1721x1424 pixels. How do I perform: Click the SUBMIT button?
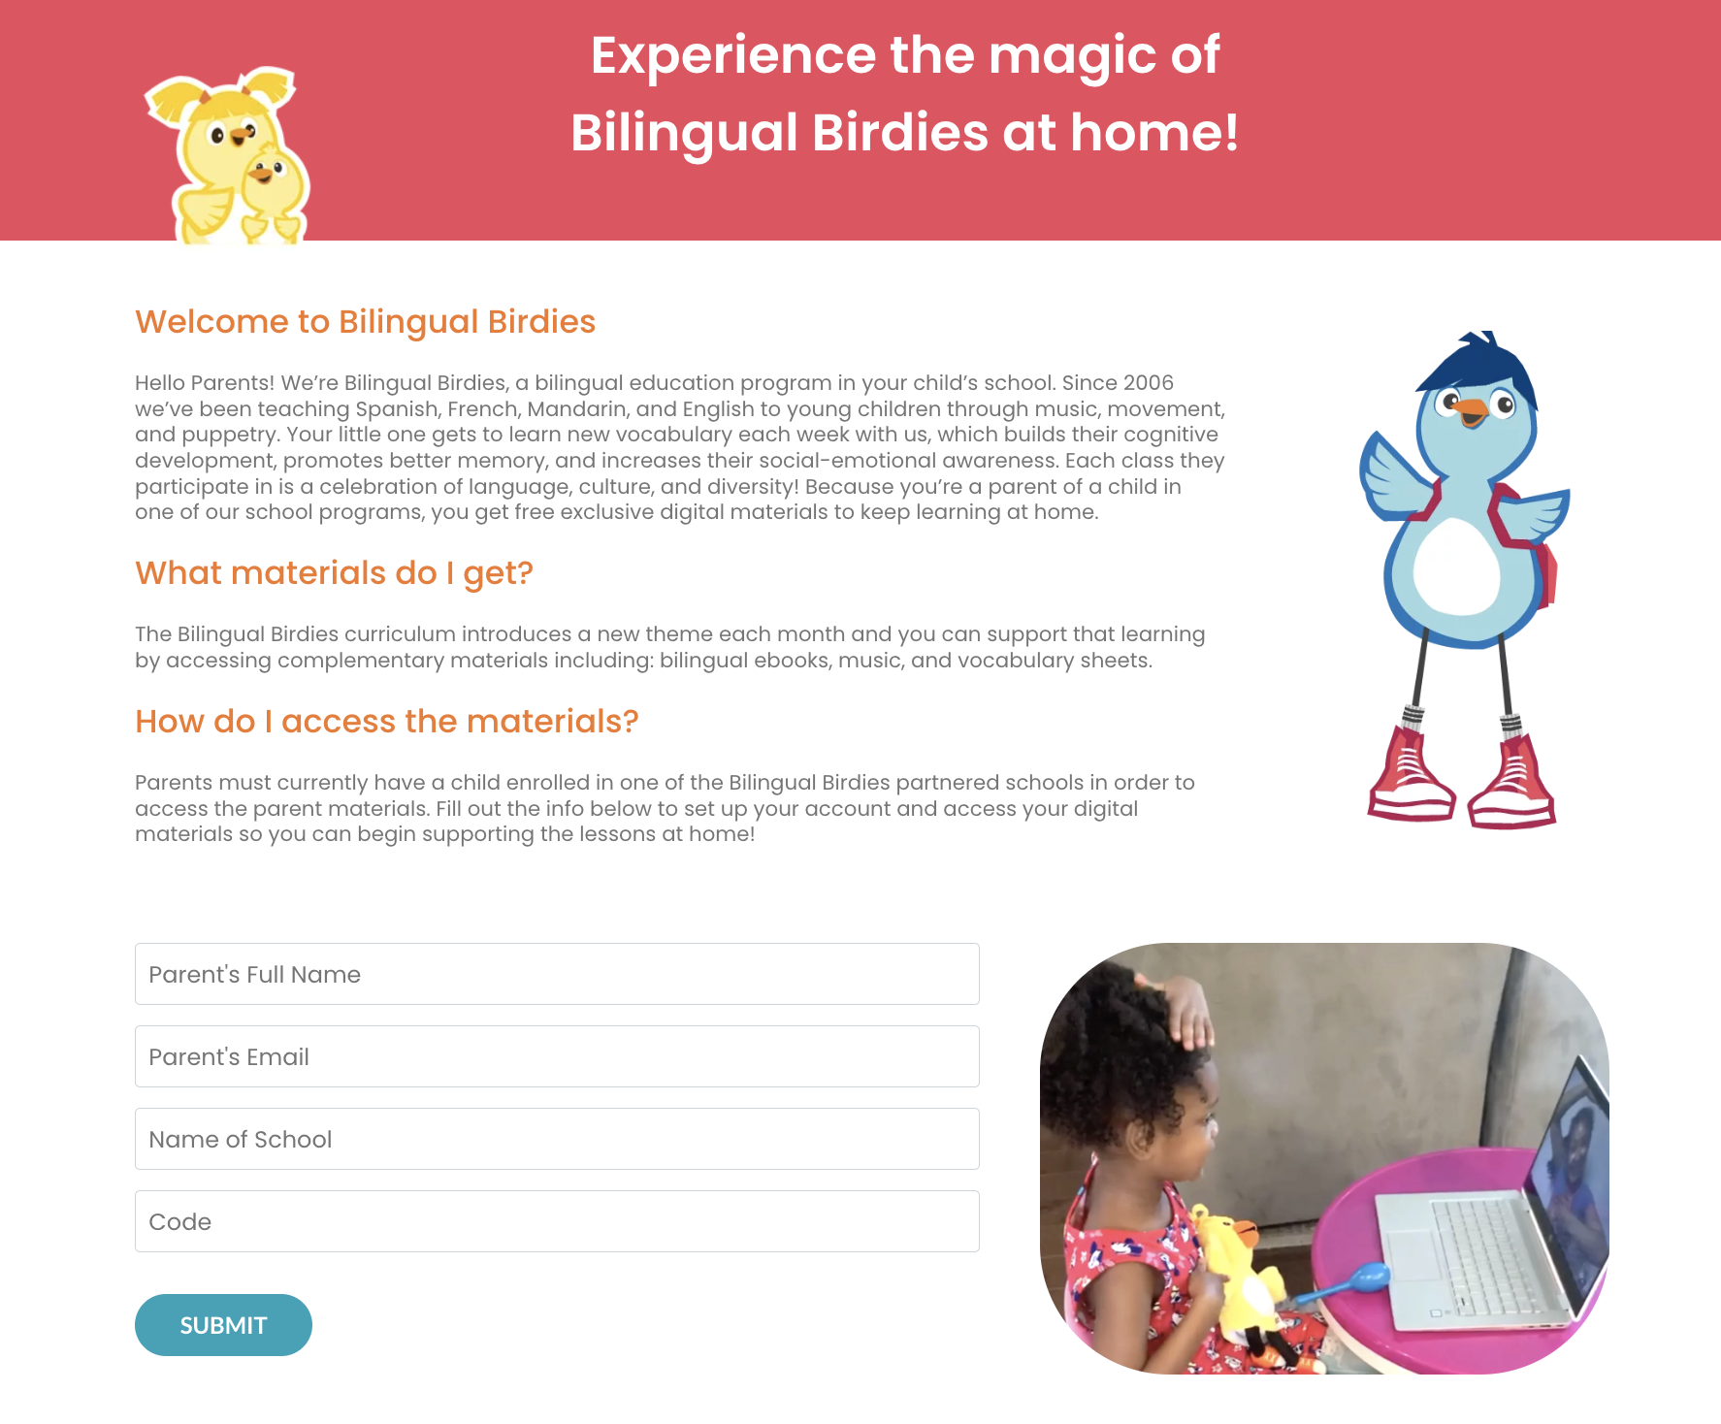tap(223, 1324)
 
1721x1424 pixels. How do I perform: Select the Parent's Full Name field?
tap(557, 974)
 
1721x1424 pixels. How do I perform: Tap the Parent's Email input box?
tap(557, 1056)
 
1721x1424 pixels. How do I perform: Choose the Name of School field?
tap(557, 1139)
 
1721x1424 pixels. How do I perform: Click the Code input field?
tap(557, 1221)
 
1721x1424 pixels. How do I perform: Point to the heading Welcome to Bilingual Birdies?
tap(365, 322)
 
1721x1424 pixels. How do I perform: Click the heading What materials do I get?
tap(334, 573)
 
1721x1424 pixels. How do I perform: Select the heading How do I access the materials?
tap(386, 722)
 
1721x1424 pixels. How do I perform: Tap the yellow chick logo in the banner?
tap(229, 155)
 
